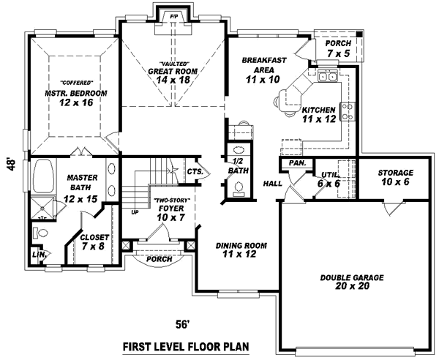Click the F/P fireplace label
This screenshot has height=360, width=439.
[174, 15]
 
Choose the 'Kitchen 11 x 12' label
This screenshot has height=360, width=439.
[318, 113]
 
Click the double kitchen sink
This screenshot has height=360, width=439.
[326, 75]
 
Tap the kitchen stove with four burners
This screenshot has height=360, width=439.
[349, 111]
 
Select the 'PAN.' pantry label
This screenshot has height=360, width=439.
[296, 163]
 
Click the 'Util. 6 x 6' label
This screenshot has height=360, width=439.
[326, 179]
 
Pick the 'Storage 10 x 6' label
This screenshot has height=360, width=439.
[395, 177]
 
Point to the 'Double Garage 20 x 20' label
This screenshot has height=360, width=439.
[353, 282]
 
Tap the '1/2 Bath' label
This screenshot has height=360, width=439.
[236, 165]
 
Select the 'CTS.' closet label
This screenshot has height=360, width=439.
[195, 171]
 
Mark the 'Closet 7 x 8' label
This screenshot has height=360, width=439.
[95, 242]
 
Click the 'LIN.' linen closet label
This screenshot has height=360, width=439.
[37, 254]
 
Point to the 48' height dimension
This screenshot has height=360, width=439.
[11, 164]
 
